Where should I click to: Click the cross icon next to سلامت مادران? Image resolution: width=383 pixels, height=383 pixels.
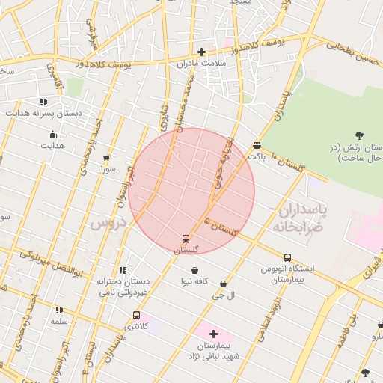tap(201, 52)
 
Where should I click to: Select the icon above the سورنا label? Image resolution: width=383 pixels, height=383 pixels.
tap(105, 158)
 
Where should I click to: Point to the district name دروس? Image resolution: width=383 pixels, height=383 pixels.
tap(105, 223)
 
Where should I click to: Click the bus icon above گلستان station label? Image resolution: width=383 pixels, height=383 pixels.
tap(186, 239)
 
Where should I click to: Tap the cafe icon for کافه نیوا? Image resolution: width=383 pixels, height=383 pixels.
tap(195, 270)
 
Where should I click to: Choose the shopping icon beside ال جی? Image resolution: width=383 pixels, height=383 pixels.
tap(224, 284)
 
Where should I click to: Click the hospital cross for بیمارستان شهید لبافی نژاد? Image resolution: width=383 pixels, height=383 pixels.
tap(213, 334)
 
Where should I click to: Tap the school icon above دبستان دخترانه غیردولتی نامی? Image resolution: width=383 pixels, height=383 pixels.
tap(122, 270)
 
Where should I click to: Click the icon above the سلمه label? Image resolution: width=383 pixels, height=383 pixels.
tap(59, 310)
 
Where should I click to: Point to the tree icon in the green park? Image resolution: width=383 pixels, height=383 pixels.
tap(359, 135)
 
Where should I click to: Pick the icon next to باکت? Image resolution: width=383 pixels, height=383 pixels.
tap(257, 145)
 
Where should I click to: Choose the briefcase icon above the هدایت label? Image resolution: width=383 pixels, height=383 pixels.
tap(52, 135)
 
